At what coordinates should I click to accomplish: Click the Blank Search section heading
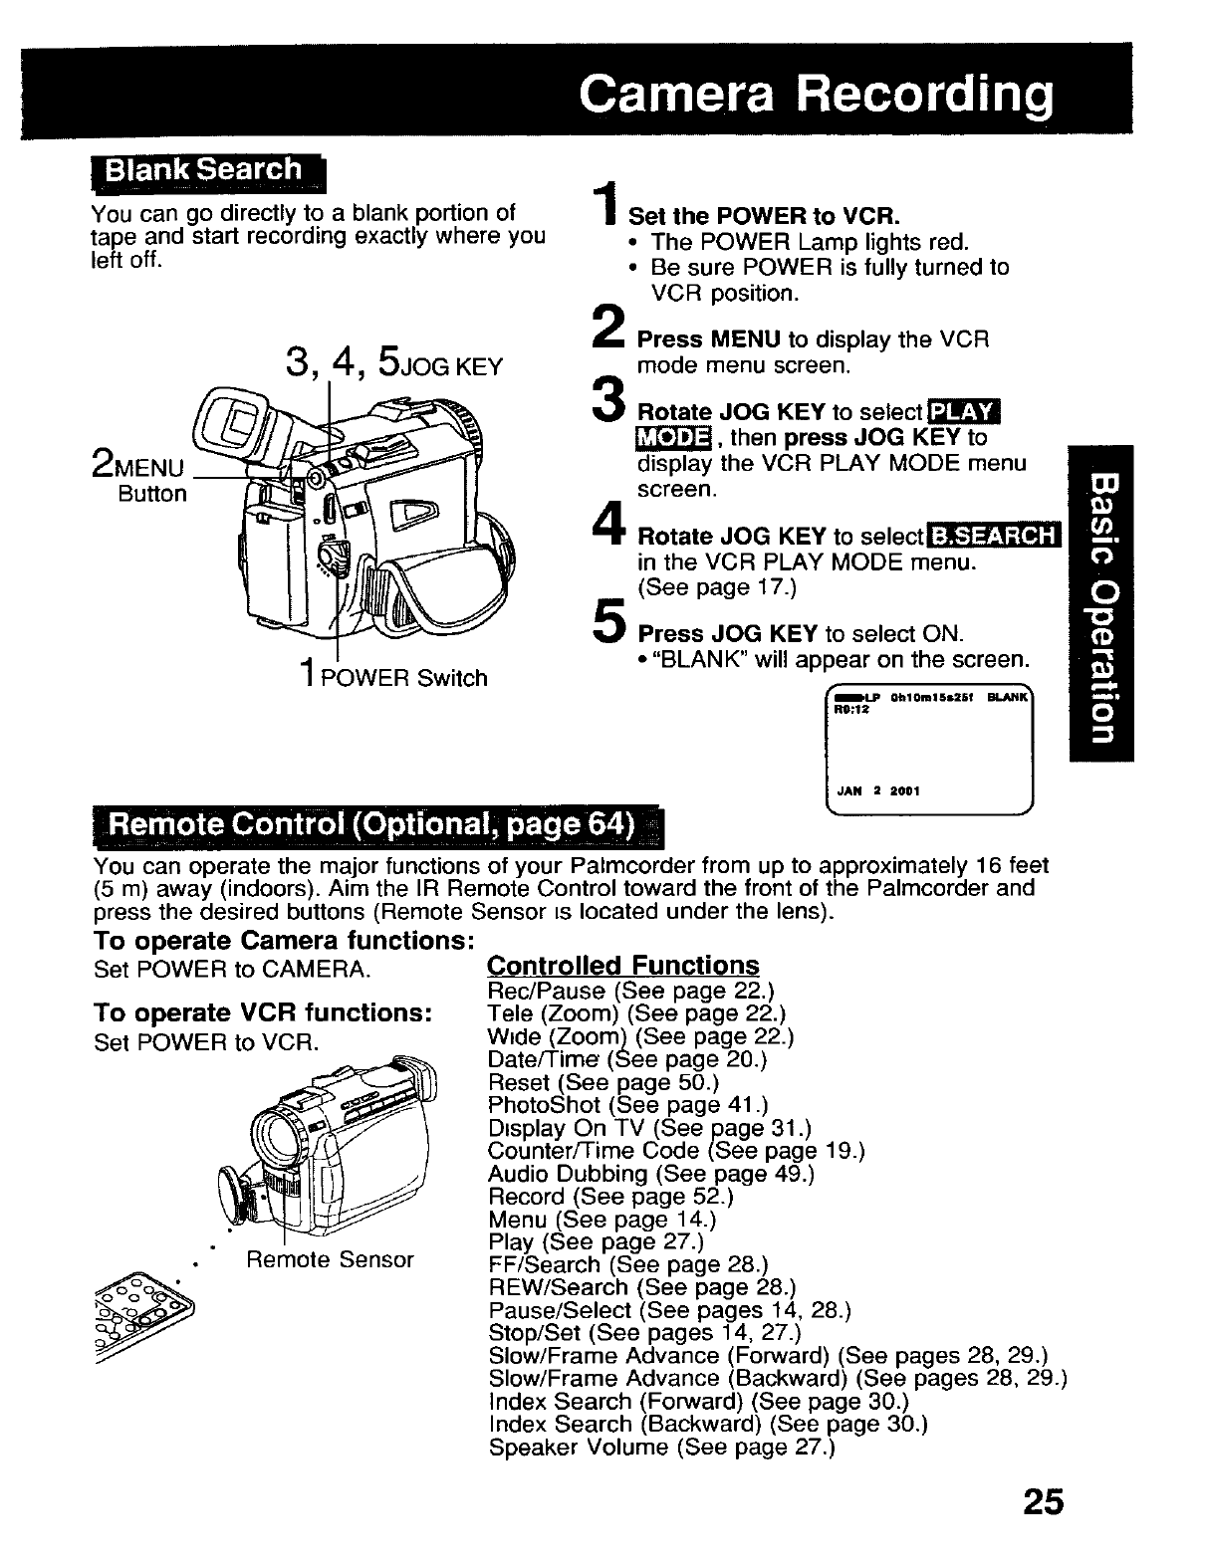point(205,170)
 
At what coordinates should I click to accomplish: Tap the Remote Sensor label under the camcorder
point(329,1259)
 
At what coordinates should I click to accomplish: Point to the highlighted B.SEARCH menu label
point(993,537)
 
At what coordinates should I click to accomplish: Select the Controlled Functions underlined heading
point(622,966)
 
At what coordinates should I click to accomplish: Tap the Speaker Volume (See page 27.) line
point(661,1448)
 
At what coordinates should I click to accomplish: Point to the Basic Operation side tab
point(1100,602)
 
